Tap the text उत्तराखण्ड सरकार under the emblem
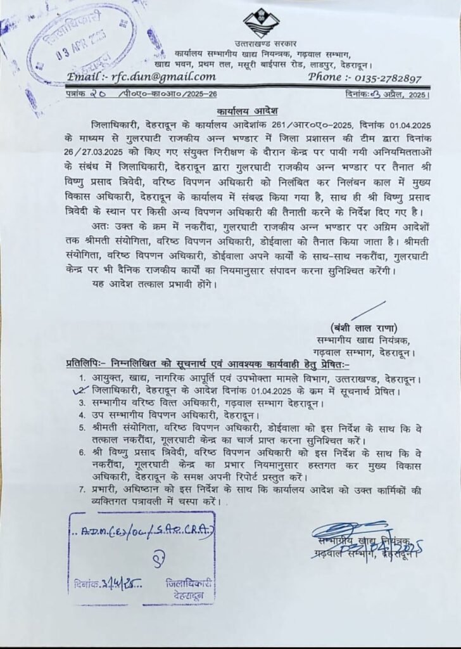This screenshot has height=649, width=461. pos(261,44)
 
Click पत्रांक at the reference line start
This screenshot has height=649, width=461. pos(79,94)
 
